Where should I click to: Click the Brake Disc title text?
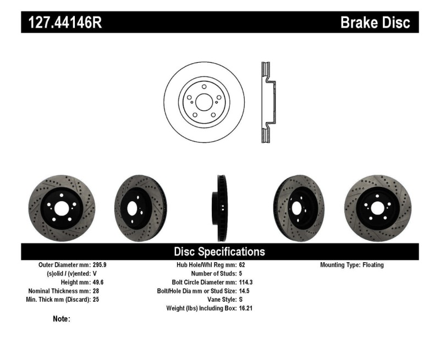[375, 23]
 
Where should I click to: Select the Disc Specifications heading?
[219, 252]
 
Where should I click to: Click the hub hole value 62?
[243, 265]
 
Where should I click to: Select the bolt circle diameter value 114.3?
[246, 283]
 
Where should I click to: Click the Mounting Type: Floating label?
[351, 265]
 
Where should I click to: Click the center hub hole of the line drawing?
[204, 102]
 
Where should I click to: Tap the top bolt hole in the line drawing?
[204, 87]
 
